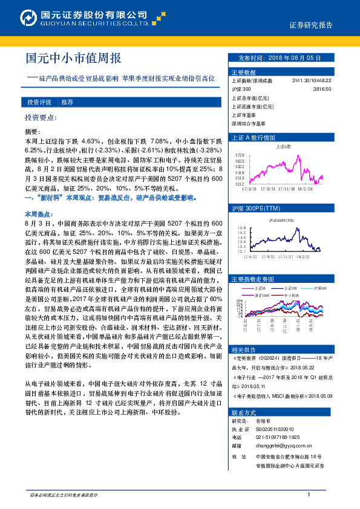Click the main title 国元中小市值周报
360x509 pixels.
tap(74, 59)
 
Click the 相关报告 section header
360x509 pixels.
tap(243, 350)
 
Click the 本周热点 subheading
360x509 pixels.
tap(36, 214)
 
